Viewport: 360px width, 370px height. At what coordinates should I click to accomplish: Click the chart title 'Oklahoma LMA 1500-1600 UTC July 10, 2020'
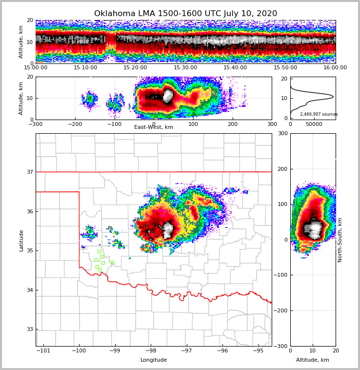[x=185, y=14]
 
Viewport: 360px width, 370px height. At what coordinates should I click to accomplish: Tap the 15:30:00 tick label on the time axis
[x=185, y=68]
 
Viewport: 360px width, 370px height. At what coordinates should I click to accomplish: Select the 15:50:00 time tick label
[x=285, y=68]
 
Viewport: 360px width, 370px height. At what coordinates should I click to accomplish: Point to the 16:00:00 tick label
[x=335, y=68]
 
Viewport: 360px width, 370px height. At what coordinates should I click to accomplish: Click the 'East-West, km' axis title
[x=154, y=127]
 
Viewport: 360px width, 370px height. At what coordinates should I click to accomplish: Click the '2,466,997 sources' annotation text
[x=319, y=114]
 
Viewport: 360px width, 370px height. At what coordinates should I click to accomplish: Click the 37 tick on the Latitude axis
[x=29, y=172]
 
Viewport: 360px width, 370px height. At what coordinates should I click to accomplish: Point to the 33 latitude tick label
[x=29, y=329]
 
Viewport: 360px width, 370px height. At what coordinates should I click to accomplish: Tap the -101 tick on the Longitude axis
[x=43, y=351]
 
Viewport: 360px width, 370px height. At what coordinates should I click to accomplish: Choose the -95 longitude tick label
[x=258, y=351]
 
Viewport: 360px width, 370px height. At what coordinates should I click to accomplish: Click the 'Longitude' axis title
[x=154, y=360]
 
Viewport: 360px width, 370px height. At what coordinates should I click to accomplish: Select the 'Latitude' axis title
[x=21, y=240]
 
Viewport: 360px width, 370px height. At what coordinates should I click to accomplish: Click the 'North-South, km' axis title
[x=340, y=240]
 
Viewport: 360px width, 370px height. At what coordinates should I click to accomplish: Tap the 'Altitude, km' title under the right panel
[x=313, y=360]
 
